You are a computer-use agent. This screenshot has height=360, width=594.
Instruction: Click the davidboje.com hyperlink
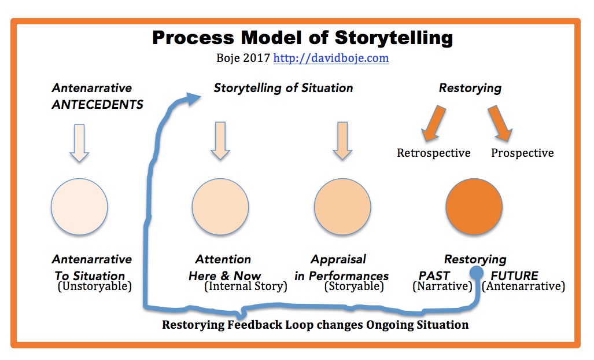click(331, 58)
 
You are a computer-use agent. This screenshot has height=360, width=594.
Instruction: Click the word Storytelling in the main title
click(394, 38)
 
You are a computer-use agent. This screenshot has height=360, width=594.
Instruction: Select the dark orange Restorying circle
click(474, 207)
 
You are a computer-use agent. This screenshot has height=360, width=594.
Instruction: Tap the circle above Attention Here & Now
click(220, 207)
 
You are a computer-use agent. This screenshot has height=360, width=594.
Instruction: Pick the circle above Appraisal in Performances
click(342, 207)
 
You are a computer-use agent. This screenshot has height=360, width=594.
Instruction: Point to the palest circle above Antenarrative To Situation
click(79, 207)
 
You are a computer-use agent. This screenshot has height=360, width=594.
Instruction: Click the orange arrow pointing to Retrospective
click(434, 123)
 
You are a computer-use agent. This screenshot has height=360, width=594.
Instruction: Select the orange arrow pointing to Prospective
click(500, 123)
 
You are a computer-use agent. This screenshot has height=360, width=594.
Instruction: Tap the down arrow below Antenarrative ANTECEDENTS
click(79, 143)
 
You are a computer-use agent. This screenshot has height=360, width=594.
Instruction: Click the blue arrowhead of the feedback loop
click(193, 98)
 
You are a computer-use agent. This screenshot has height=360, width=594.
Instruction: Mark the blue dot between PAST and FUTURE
click(477, 272)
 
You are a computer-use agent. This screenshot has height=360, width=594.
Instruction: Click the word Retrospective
click(434, 153)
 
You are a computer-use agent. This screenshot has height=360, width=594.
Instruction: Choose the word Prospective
click(522, 153)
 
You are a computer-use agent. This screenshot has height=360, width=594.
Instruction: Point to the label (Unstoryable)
click(95, 286)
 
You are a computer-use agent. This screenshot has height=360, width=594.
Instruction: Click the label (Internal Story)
click(245, 286)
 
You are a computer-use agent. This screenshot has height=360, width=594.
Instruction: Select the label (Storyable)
click(354, 286)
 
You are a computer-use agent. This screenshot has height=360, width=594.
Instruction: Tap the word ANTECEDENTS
click(98, 105)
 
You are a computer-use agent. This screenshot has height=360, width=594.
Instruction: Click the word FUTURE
click(514, 275)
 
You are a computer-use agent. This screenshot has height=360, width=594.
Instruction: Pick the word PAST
click(434, 275)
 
